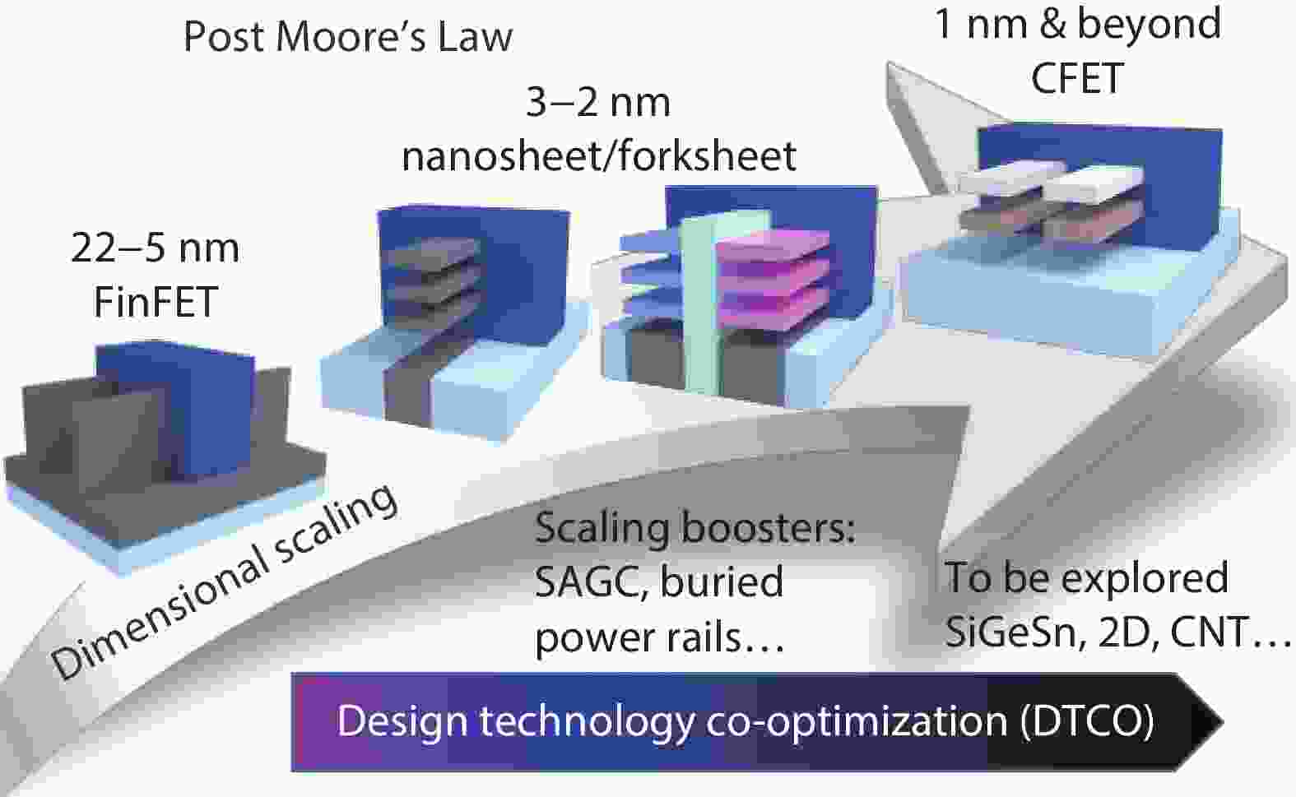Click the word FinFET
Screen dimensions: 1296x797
point(155,301)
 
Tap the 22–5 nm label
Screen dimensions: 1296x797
point(155,248)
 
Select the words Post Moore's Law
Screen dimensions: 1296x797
point(348,36)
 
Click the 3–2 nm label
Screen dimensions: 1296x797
point(598,102)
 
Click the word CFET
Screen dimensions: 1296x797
point(1077,78)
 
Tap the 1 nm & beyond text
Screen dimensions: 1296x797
point(1077,24)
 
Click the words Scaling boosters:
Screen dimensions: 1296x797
point(694,527)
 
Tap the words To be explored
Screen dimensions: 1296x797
point(1086,577)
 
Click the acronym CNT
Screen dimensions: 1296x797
point(1208,632)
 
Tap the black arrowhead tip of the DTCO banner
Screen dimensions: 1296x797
point(1223,722)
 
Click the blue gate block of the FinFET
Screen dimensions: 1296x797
point(176,410)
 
